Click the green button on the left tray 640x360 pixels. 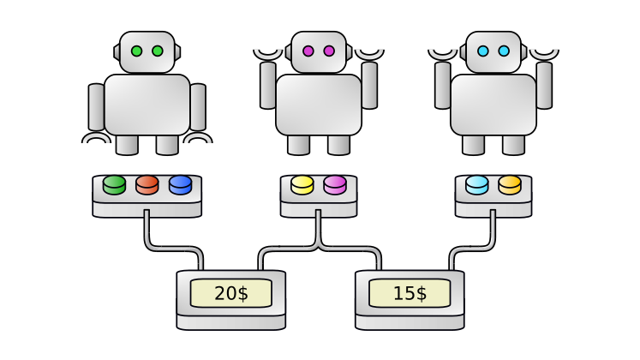click(x=114, y=184)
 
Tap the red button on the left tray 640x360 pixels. click(x=147, y=184)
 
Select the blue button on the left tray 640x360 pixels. click(x=180, y=184)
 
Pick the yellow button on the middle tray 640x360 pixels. click(x=302, y=184)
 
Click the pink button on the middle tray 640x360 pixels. click(x=335, y=184)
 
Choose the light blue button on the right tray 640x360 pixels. click(x=477, y=184)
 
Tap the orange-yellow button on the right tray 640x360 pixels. click(x=510, y=184)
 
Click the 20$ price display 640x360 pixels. click(x=230, y=293)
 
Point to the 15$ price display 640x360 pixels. click(x=410, y=293)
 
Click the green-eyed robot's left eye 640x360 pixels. click(x=136, y=51)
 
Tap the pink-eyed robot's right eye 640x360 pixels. click(x=329, y=51)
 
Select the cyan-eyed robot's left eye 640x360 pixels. click(x=482, y=51)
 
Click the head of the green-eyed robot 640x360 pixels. click(x=147, y=51)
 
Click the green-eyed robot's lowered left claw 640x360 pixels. click(x=96, y=137)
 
